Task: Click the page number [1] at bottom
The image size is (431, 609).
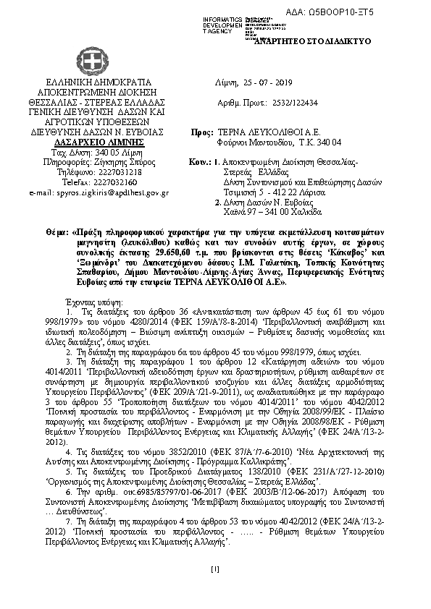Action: point(215,568)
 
